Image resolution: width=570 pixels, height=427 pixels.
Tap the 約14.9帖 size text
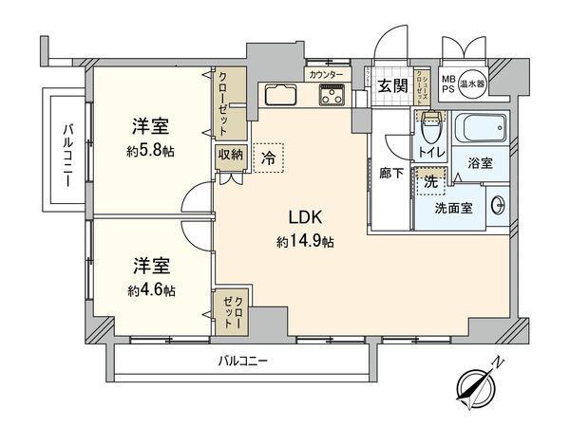306,241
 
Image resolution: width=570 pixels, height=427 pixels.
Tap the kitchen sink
282,95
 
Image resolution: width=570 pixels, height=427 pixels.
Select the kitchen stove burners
333,94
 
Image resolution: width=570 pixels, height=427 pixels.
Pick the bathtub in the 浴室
480,128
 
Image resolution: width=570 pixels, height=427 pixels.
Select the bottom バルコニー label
242,362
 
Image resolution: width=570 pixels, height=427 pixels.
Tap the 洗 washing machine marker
430,179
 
